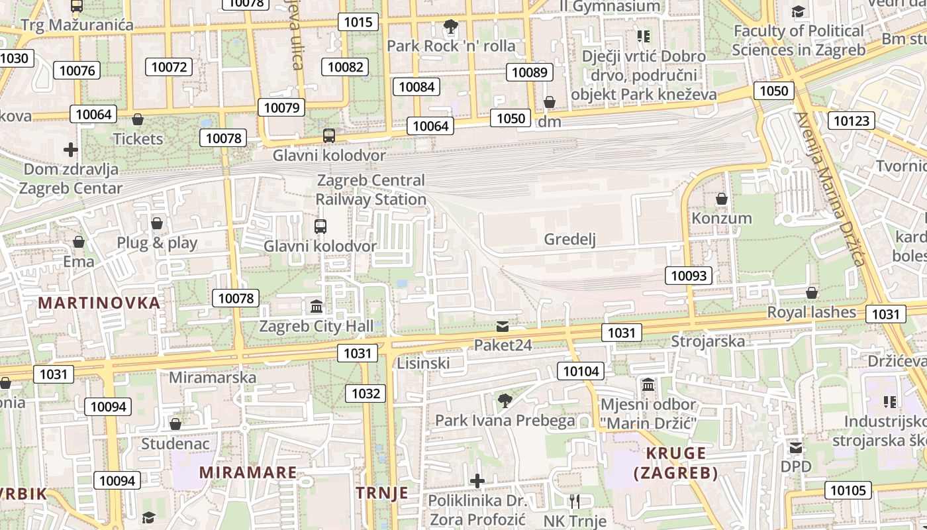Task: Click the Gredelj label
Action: (x=569, y=239)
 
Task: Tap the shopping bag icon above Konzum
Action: (x=722, y=199)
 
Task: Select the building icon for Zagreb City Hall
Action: (x=317, y=307)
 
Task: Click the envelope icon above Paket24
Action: (x=503, y=327)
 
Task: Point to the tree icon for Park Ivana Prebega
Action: (x=505, y=400)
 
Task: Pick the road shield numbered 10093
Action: (x=689, y=276)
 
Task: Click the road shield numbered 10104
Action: (x=581, y=371)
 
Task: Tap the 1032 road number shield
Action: (x=366, y=394)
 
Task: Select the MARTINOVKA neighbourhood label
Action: (x=99, y=303)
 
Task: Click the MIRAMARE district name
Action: (x=248, y=472)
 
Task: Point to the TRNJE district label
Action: (x=382, y=493)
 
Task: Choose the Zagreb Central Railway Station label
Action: (x=371, y=189)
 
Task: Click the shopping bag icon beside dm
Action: (x=550, y=102)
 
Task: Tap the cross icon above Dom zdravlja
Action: (x=71, y=150)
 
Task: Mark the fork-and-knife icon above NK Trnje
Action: (x=574, y=501)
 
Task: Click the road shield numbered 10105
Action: (x=847, y=490)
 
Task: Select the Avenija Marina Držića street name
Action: (x=831, y=189)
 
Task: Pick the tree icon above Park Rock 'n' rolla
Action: (x=451, y=27)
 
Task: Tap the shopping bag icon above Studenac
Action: (x=175, y=424)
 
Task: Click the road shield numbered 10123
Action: (x=851, y=121)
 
